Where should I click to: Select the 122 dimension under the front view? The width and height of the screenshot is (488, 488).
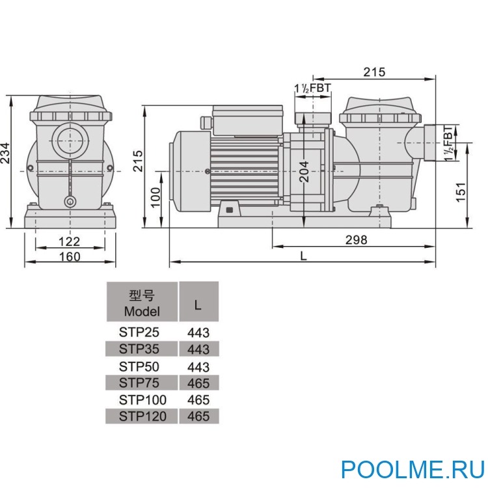click(69, 241)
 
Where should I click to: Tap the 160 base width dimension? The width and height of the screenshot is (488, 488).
click(69, 256)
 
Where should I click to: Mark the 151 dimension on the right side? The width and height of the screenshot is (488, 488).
click(461, 191)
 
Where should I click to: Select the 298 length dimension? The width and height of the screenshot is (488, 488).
click(356, 240)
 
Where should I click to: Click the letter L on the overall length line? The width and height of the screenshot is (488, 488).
click(303, 256)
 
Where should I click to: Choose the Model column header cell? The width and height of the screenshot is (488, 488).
click(141, 303)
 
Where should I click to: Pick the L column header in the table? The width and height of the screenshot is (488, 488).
click(198, 303)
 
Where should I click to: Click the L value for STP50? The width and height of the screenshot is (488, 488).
click(198, 367)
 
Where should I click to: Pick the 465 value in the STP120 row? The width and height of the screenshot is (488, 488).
click(198, 416)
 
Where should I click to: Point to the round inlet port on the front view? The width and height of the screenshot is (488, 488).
click(69, 139)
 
